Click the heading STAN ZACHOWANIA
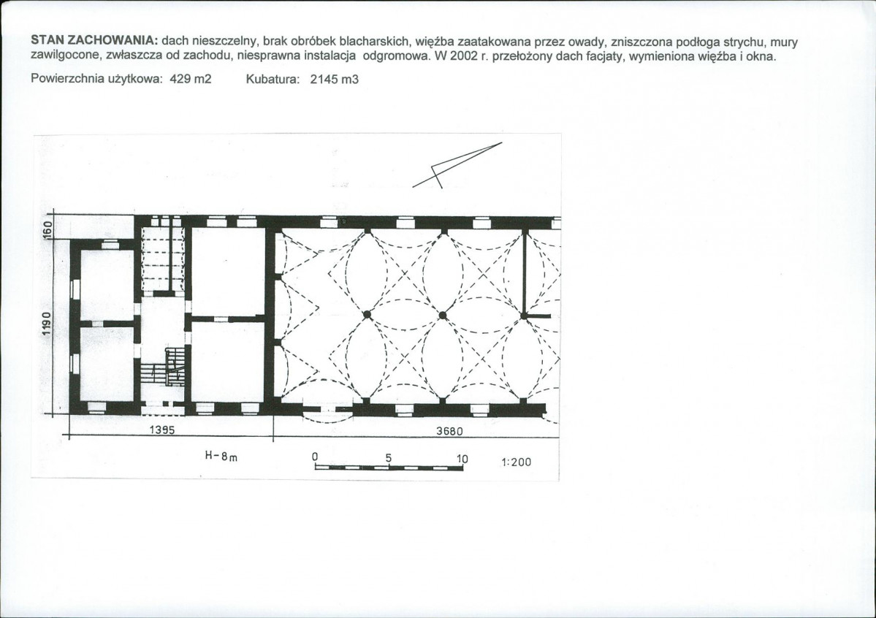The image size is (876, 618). pos(94,42)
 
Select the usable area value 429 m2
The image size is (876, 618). pos(191,79)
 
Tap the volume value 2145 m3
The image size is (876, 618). pos(334,80)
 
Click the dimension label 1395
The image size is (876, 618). pos(162,430)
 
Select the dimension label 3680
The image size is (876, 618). pos(449,432)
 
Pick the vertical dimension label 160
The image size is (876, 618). pos(48,229)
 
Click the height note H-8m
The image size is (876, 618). pos(221,456)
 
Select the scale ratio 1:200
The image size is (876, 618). pos(517,462)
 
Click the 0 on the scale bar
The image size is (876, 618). pos(315,457)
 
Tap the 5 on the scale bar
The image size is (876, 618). pos(389,457)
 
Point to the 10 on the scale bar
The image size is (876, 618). pos(462,459)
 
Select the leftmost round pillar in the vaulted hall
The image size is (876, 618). pos(367,315)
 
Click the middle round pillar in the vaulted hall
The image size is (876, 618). pos(443,316)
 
